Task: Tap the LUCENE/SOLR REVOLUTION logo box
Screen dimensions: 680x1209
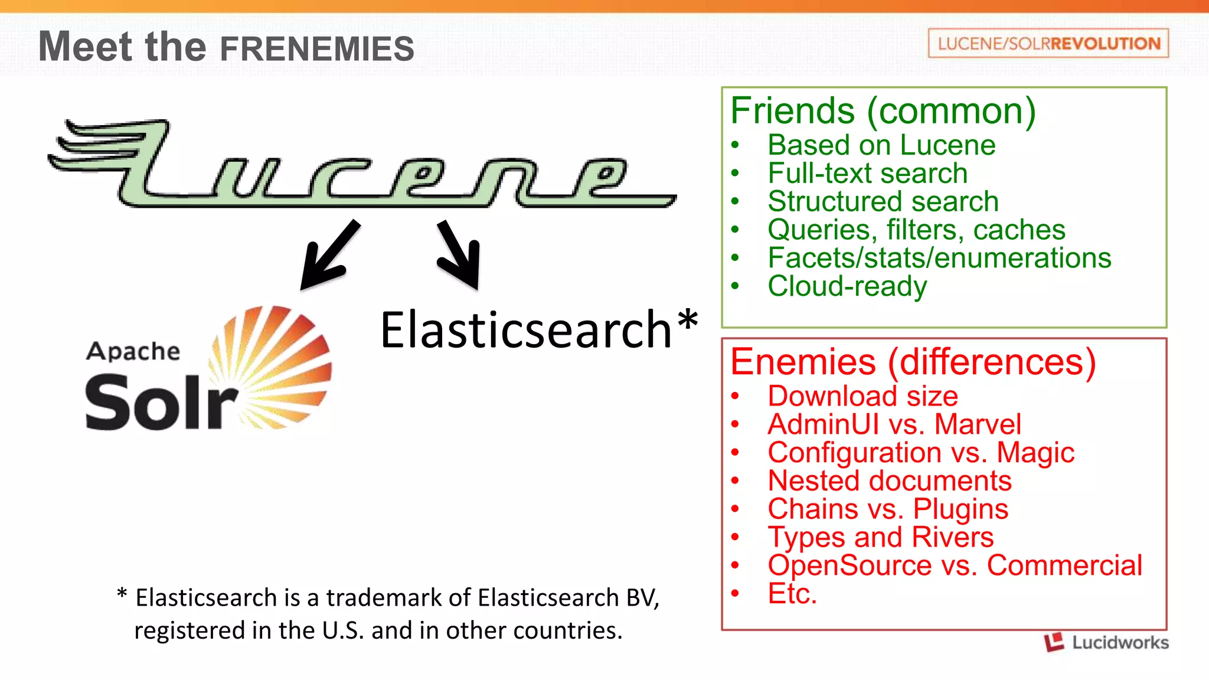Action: tap(1048, 43)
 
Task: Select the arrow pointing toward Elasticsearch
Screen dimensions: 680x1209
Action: tap(461, 256)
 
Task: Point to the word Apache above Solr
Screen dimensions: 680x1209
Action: tap(133, 351)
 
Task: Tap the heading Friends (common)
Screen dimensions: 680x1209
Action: tap(883, 110)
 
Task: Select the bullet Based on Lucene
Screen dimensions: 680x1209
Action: tap(881, 145)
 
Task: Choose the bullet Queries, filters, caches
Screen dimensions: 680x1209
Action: tap(916, 230)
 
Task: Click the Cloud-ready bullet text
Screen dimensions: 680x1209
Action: tap(847, 286)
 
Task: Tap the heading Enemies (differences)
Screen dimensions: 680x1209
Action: tap(913, 361)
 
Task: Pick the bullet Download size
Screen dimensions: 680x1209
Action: tap(862, 396)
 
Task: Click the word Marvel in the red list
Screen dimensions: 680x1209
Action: tap(978, 424)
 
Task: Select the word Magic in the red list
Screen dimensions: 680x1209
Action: tap(1035, 453)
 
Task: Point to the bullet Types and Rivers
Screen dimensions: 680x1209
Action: tap(880, 537)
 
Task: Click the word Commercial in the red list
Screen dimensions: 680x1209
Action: tap(1064, 565)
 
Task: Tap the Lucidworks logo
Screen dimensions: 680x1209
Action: tap(1106, 642)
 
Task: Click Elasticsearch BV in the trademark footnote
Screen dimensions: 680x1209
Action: tap(568, 598)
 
